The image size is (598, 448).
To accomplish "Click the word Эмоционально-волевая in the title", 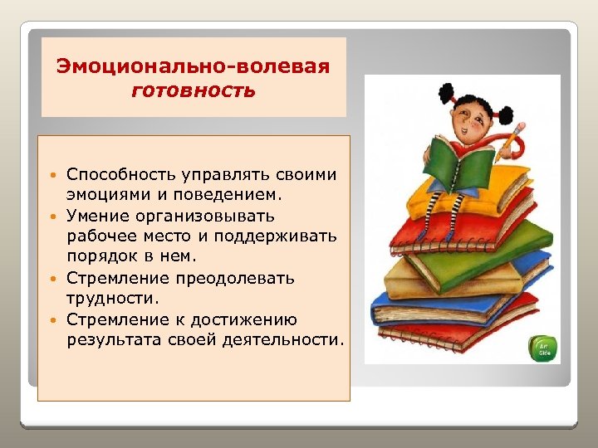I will coord(193,66).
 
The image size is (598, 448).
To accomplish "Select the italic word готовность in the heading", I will coord(193,90).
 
